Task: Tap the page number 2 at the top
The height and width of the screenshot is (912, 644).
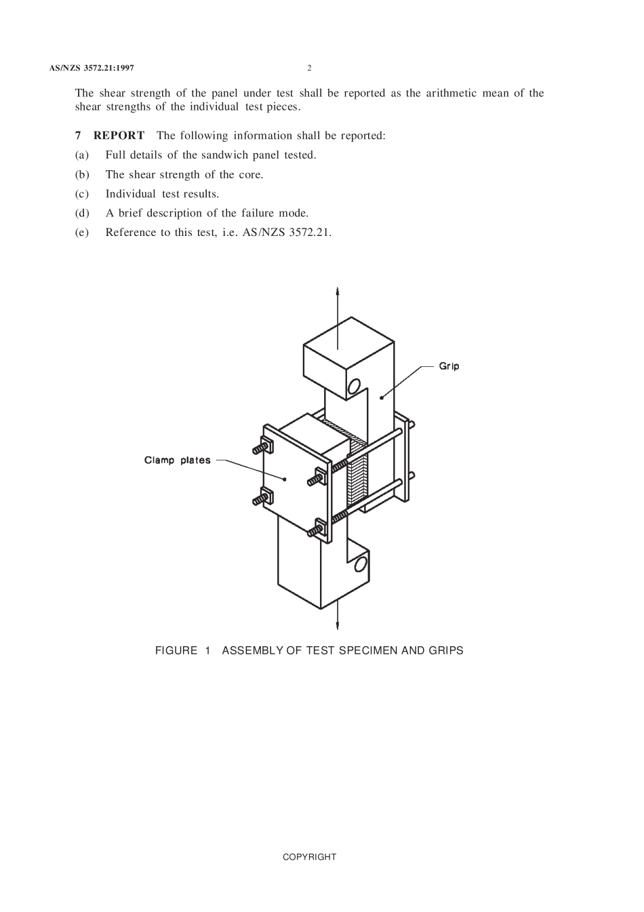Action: [x=309, y=68]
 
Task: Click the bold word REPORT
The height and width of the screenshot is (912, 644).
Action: [x=119, y=136]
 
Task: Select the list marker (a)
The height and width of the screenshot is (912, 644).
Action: [x=82, y=155]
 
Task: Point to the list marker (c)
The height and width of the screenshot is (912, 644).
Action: [x=82, y=194]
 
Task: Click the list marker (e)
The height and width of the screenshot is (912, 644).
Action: [x=82, y=233]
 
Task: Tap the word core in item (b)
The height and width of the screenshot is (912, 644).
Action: [x=250, y=175]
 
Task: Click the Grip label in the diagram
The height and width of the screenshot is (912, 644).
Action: [x=449, y=366]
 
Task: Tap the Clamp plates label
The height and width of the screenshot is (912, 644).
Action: [x=177, y=460]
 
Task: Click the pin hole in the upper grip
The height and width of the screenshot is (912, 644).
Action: [x=353, y=387]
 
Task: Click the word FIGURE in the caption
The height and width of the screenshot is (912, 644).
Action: [x=176, y=651]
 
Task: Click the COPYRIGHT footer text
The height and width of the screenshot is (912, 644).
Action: [x=309, y=857]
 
